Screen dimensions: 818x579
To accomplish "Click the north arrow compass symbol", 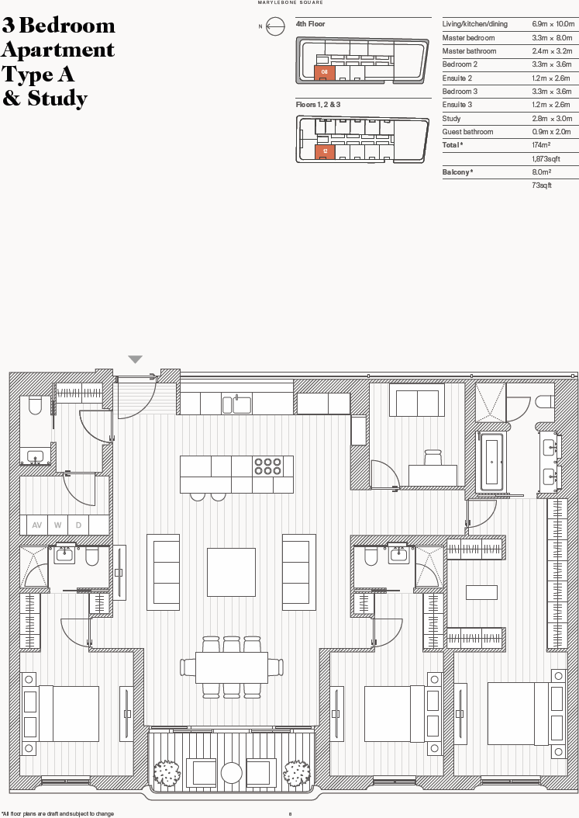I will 274,27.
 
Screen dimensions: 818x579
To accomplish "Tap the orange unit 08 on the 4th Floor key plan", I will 325,72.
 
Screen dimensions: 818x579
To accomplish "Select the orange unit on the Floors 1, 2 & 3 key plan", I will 325,151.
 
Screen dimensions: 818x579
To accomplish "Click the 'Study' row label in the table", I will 451,119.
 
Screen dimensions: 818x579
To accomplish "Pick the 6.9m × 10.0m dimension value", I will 551,24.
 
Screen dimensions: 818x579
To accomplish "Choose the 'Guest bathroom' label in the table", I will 467,132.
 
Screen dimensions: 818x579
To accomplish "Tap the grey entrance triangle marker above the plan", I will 136,359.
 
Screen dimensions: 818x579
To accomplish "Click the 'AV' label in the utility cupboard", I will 36,525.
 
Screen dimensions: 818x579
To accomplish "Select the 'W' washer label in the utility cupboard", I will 57,525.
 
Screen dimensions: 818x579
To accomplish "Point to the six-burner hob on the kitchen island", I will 267,466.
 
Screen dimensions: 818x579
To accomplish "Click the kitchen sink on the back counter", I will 237,404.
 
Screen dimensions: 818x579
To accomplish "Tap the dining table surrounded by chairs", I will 231,667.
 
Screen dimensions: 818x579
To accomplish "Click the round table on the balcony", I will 232,772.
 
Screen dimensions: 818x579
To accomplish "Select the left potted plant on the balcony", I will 166,773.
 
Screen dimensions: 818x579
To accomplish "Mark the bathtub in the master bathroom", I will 491,463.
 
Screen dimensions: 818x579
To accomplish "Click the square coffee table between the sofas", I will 231,572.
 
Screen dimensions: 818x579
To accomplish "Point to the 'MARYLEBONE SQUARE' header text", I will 291,3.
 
